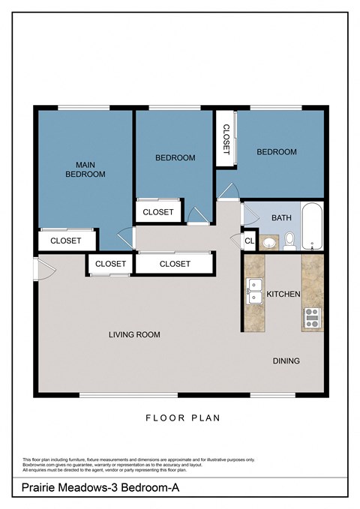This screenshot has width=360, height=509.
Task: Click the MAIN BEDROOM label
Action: (85, 169)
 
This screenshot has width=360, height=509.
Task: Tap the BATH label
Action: (281, 218)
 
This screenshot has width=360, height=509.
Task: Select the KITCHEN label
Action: (283, 295)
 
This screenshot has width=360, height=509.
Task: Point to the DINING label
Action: (286, 361)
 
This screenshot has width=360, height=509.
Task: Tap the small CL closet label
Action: (249, 241)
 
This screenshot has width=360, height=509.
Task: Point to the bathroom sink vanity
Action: (269, 241)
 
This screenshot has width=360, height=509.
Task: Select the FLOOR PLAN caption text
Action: (182, 418)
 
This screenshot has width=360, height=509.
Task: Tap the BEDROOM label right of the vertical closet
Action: (276, 152)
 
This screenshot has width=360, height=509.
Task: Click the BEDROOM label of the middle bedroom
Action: (175, 157)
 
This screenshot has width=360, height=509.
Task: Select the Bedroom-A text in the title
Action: (150, 488)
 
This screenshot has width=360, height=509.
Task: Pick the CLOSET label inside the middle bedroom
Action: (157, 212)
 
